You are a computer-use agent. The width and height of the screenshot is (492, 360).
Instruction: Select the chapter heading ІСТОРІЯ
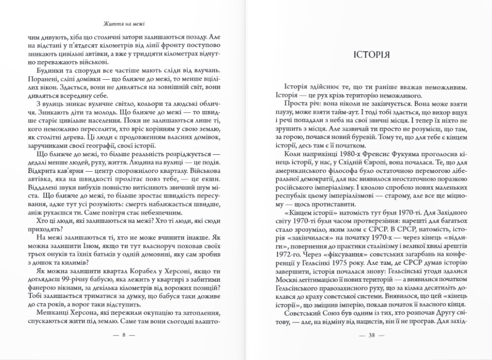click(x=371, y=54)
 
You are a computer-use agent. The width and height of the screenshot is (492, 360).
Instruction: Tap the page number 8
click(x=123, y=335)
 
